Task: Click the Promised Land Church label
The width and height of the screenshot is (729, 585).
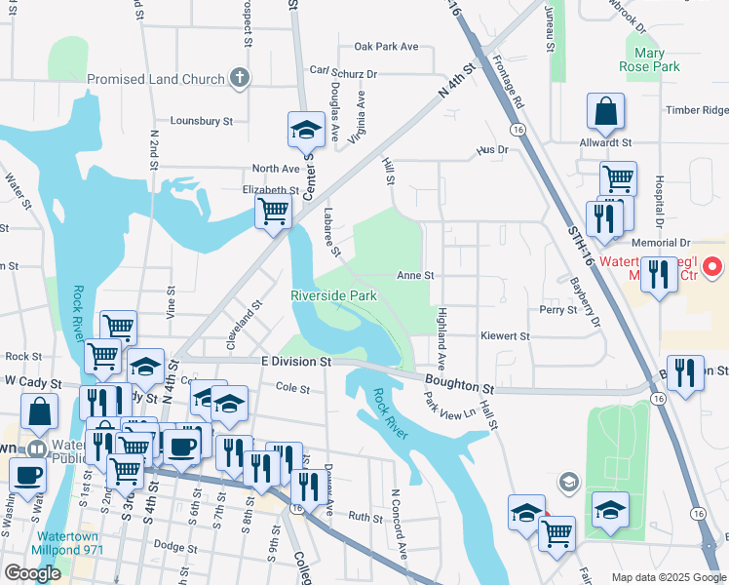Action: [156, 79]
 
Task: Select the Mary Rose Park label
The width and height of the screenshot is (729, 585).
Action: [649, 60]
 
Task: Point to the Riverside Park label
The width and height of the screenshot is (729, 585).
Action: [333, 294]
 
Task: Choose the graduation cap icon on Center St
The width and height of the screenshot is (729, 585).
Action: [305, 129]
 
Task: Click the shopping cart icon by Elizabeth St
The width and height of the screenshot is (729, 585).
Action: [274, 210]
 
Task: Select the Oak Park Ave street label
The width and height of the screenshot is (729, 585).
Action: [386, 46]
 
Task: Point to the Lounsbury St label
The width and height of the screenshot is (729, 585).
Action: [202, 122]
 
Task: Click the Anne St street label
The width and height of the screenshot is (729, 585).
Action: [415, 276]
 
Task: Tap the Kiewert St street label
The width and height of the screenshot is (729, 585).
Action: [504, 335]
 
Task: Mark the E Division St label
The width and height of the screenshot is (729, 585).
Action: [297, 361]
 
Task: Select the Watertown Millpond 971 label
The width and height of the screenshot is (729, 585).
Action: [69, 543]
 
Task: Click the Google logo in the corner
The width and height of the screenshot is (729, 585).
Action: [32, 573]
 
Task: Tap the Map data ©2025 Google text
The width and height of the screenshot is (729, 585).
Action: [669, 577]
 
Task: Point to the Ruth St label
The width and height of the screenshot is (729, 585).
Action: [366, 518]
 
